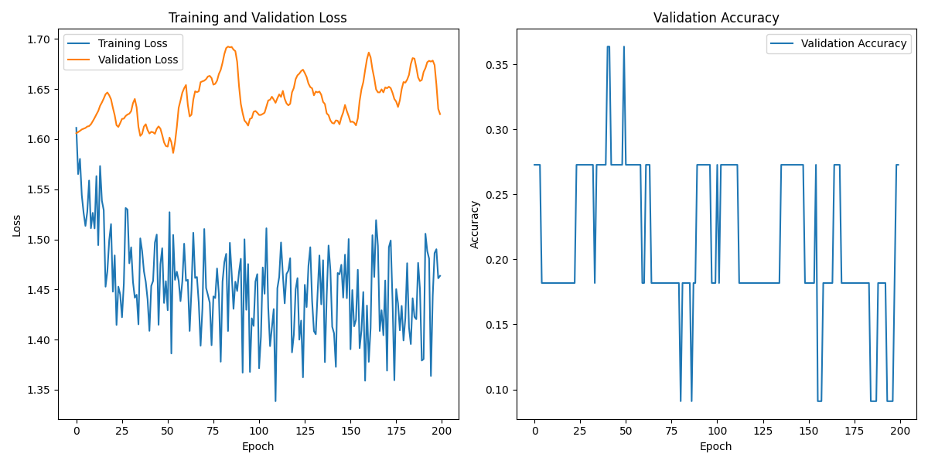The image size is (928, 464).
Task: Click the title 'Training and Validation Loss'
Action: tap(258, 18)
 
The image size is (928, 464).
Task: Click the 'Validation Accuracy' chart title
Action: tap(716, 18)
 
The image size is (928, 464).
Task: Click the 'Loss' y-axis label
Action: tap(16, 225)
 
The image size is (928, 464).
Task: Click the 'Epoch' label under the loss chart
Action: tap(258, 446)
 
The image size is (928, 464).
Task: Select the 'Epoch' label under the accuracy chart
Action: tap(716, 446)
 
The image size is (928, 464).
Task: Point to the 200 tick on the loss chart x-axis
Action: tap(442, 431)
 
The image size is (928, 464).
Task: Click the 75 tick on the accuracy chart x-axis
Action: tap(671, 431)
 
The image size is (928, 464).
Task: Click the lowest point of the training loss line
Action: tap(275, 401)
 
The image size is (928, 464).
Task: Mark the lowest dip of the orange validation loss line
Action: tap(173, 152)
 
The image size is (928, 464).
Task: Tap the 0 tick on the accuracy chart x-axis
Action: tap(534, 431)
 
